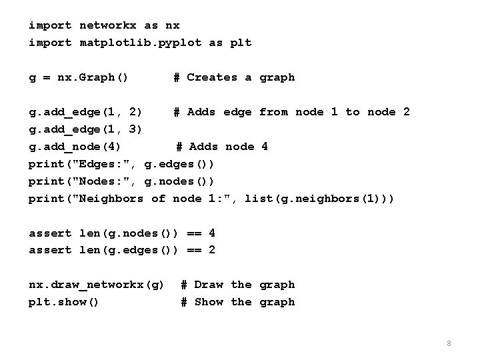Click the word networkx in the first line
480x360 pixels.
click(108, 25)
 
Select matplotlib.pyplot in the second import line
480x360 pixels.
click(141, 43)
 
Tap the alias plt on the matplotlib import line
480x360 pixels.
click(241, 43)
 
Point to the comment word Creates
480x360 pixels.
click(212, 77)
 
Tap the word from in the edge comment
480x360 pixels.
click(273, 112)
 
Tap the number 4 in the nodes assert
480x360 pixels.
click(212, 233)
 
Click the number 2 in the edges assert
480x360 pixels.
click(212, 251)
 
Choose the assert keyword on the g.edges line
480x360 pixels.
click(50, 251)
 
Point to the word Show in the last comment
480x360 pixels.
click(209, 302)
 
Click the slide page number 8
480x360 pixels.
click(449, 343)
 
